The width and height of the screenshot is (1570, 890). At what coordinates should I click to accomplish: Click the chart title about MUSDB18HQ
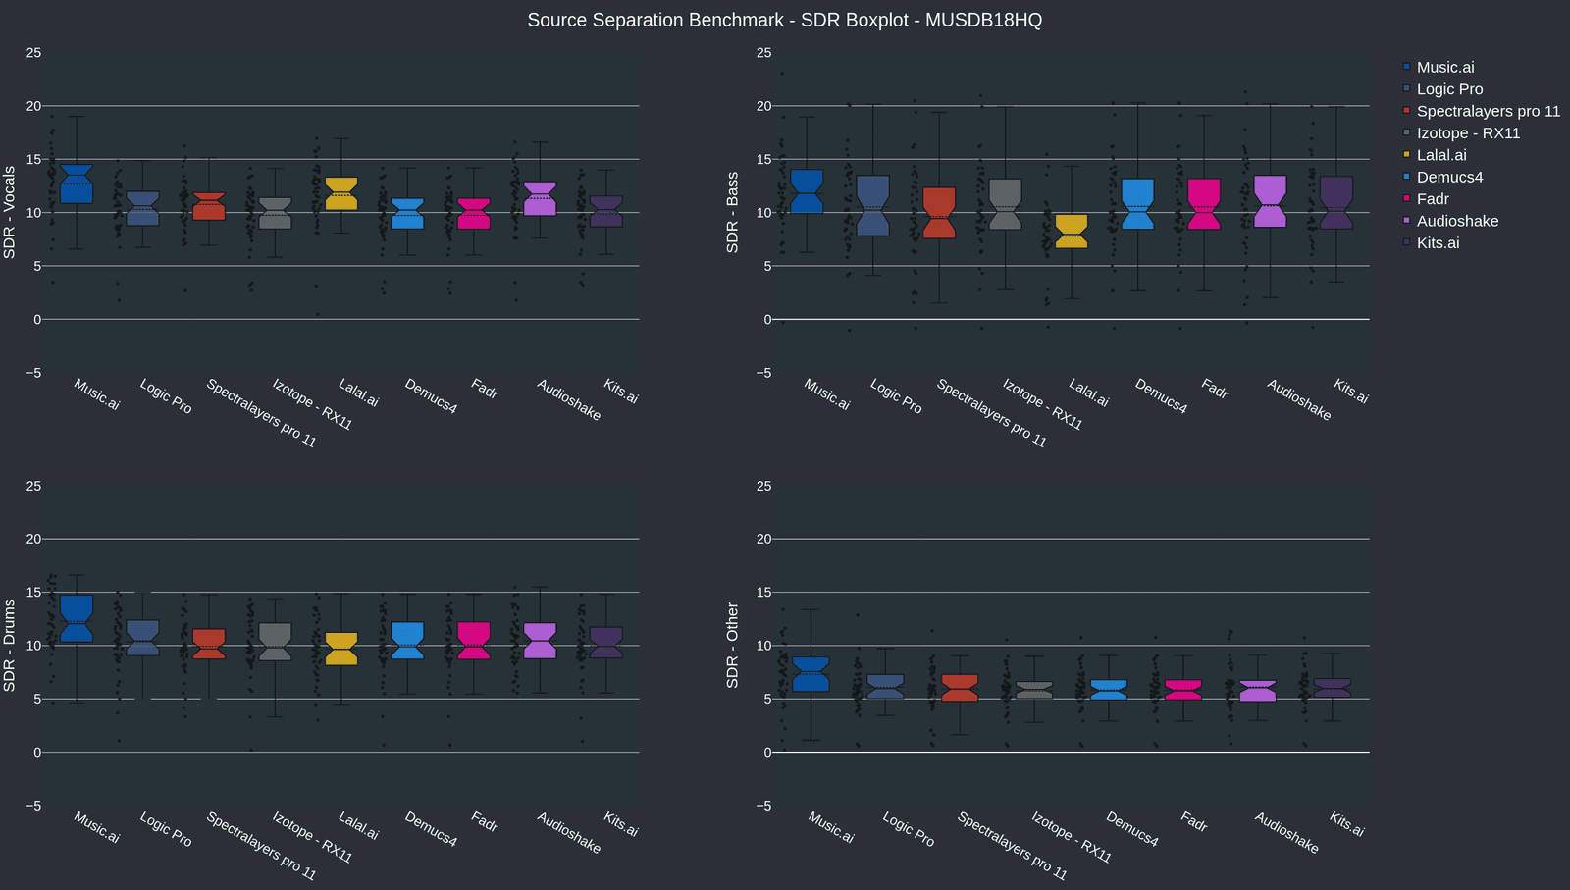click(784, 20)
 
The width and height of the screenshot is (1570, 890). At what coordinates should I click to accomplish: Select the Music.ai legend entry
click(1444, 67)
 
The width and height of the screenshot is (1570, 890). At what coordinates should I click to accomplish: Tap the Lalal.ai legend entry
click(1440, 155)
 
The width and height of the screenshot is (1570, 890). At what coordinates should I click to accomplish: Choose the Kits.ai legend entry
click(1438, 242)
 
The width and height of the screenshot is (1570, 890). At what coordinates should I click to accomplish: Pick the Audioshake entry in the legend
click(1456, 221)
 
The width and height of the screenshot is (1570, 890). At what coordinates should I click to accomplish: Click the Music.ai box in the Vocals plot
click(77, 184)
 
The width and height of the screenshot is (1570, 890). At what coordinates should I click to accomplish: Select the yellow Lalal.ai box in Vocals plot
click(341, 193)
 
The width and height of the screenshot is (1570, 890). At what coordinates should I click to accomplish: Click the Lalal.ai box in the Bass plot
click(1072, 232)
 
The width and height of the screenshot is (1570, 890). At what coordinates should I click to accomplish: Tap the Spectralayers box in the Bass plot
click(939, 213)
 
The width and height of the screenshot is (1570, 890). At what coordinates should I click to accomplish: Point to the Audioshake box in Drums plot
click(540, 641)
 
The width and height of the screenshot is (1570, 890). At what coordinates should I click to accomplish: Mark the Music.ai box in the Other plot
click(811, 674)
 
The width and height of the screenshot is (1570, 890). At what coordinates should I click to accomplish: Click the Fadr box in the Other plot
click(1182, 690)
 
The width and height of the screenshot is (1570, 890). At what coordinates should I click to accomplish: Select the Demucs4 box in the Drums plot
click(407, 641)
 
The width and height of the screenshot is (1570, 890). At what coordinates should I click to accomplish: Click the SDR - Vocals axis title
click(10, 212)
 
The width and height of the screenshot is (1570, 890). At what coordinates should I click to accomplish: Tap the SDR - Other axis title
click(732, 645)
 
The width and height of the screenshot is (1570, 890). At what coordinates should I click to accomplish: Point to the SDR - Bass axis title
click(732, 212)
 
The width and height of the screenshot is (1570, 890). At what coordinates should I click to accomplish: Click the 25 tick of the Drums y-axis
click(33, 486)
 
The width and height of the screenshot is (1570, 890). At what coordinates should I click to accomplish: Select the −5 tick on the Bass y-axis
click(763, 373)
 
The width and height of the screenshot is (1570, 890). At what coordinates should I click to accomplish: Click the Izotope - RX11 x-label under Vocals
click(312, 404)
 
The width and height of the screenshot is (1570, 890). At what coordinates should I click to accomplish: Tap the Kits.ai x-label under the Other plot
click(1347, 824)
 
